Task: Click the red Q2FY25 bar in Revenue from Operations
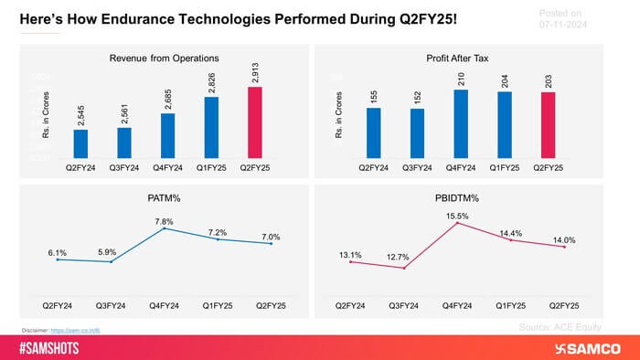pos(254,122)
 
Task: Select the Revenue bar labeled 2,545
pos(80,143)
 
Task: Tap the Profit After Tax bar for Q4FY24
pos(461,123)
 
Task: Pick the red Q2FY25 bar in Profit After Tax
pos(548,125)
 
